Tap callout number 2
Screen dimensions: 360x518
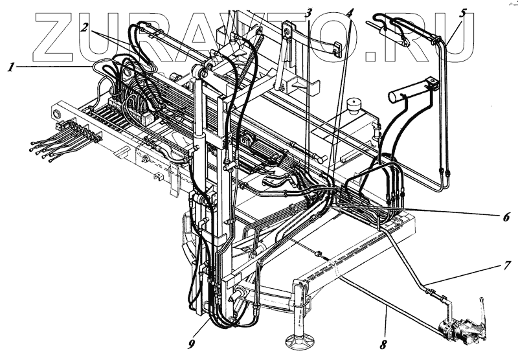point(85,27)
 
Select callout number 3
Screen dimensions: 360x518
point(310,12)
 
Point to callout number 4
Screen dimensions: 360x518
point(350,12)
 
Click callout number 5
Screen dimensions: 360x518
point(463,12)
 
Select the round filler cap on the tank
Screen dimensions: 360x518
point(353,104)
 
